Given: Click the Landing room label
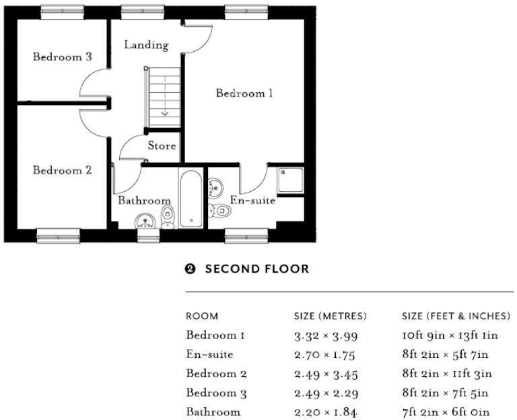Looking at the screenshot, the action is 146,45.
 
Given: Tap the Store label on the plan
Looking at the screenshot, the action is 162,145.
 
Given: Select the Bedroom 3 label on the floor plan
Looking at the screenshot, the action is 63,57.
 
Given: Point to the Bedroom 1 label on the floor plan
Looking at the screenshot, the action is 244,94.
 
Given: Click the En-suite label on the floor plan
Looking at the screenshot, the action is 252,200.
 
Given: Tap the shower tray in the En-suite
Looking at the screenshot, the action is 291,180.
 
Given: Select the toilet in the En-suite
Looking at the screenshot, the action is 219,210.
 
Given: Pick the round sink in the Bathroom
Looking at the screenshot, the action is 145,221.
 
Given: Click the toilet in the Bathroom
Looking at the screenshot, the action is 168,217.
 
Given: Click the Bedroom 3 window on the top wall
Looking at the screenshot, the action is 63,13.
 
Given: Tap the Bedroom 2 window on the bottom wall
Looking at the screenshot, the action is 59,236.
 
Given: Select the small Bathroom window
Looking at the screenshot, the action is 148,236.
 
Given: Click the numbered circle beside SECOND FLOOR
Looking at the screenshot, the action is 190,269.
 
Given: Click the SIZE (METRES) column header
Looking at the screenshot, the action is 331,316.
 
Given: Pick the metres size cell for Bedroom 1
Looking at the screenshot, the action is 326,336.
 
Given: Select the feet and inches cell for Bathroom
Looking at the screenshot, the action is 446,412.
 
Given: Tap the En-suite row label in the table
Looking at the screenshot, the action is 210,355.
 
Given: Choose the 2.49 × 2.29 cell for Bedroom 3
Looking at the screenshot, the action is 326,393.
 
